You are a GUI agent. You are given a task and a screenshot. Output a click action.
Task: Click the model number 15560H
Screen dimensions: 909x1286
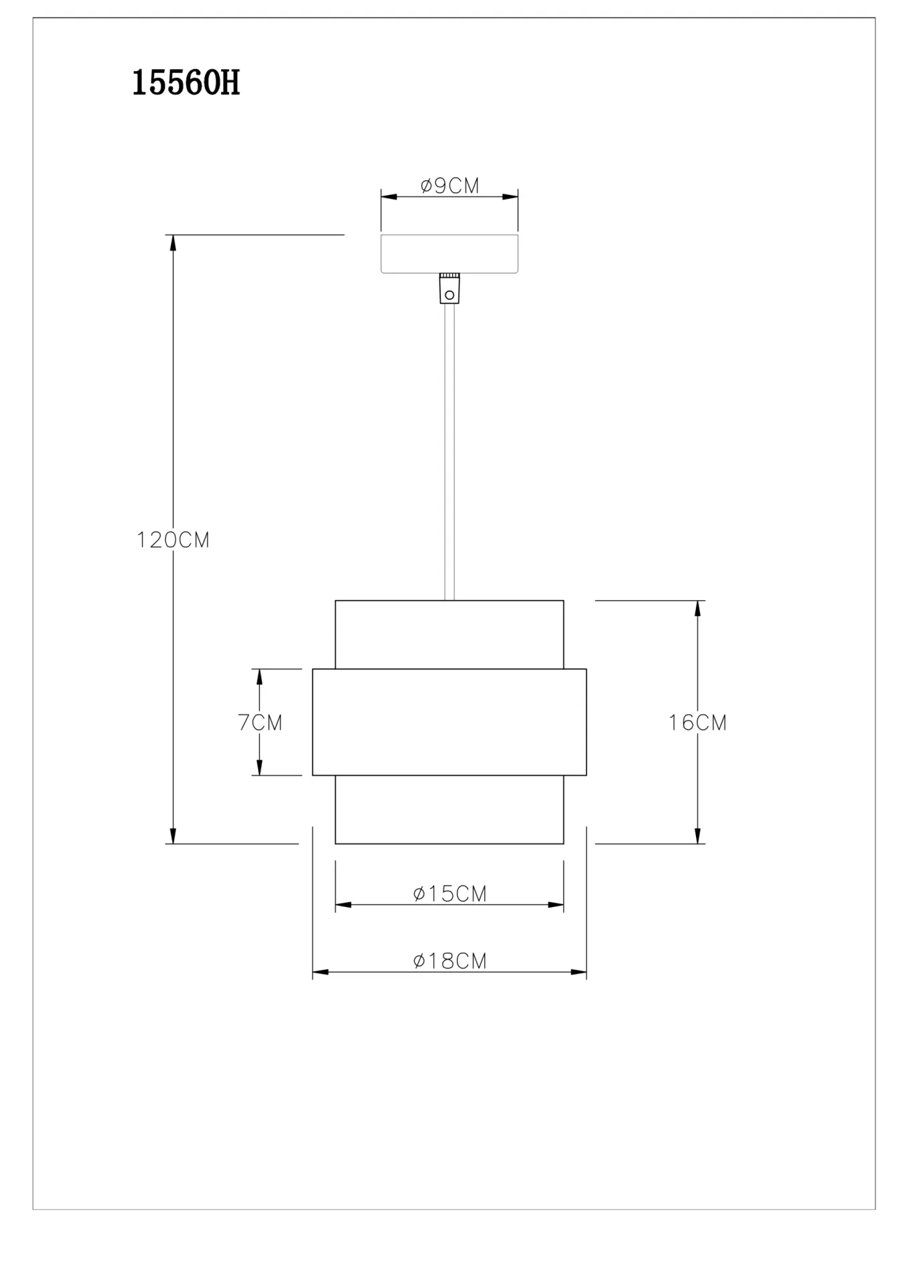point(186,84)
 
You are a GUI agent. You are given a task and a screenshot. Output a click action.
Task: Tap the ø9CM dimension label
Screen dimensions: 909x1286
point(450,186)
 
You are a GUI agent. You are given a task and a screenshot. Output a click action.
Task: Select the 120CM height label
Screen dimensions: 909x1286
point(173,540)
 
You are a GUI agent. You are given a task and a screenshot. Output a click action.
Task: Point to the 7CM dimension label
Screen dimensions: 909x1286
point(260,722)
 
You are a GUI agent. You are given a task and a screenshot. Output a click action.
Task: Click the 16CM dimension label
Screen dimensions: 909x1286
point(697,722)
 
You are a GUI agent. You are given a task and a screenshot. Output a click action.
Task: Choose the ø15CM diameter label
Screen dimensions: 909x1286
point(449,894)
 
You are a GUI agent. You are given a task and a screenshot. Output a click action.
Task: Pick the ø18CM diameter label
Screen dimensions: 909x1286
point(449,960)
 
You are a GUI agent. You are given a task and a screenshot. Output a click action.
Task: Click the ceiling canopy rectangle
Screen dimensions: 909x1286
point(449,254)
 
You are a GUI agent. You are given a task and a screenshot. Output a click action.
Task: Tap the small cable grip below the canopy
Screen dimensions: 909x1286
point(449,288)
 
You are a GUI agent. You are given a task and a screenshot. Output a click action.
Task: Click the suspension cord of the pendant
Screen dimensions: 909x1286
point(449,452)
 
